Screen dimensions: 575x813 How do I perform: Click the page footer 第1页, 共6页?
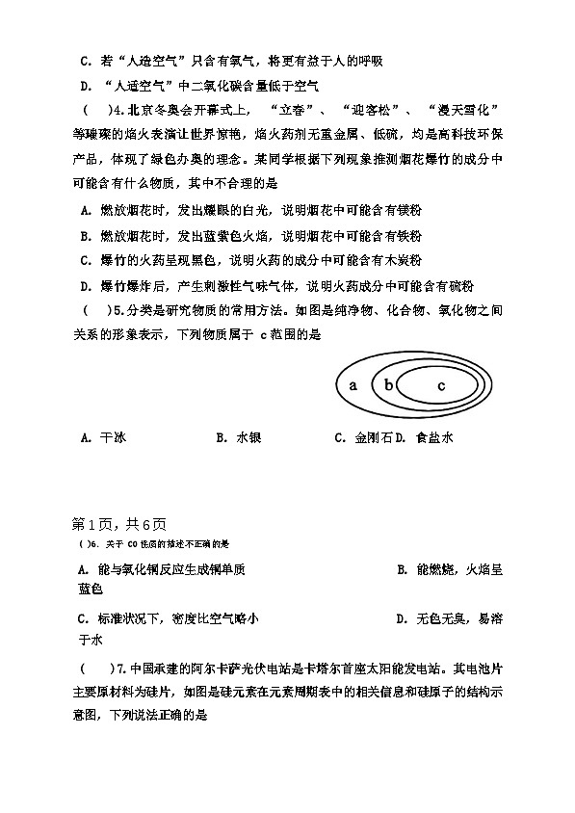(x=119, y=524)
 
